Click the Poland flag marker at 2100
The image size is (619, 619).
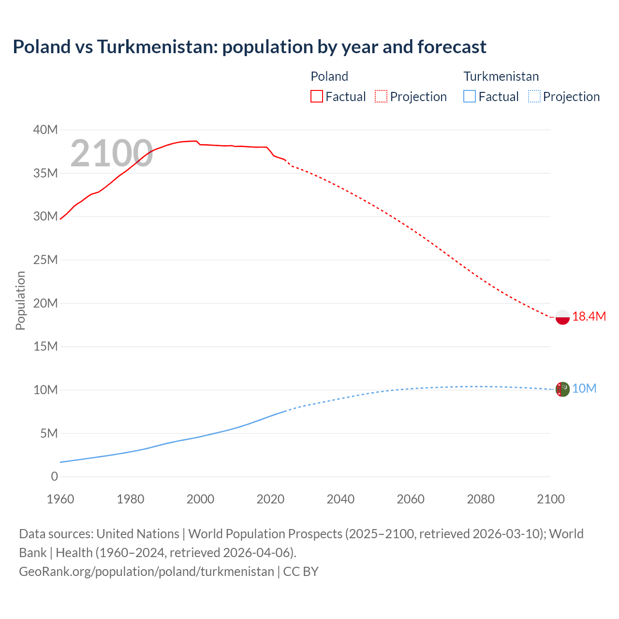tap(562, 317)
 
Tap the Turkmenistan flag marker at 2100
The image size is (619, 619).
tap(562, 389)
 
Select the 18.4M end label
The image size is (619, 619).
tap(589, 317)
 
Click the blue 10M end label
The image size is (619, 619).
tap(584, 389)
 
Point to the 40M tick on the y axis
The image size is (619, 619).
tap(45, 130)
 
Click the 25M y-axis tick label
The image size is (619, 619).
tap(45, 260)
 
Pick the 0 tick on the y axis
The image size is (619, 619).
tap(54, 477)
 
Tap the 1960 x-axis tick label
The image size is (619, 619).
tap(60, 499)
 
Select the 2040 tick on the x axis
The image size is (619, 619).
tap(340, 499)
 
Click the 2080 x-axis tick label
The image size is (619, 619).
tap(481, 499)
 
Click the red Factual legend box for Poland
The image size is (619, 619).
tap(317, 97)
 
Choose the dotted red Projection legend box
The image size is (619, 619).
tap(381, 97)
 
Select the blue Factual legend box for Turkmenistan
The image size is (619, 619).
tap(470, 97)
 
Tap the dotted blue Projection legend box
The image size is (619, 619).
tap(534, 97)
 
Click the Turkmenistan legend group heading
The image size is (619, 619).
tap(501, 76)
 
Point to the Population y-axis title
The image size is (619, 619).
tap(20, 300)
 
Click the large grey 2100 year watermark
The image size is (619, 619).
tap(112, 154)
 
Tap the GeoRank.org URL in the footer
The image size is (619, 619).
tap(147, 572)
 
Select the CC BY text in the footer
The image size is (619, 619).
tap(301, 572)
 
